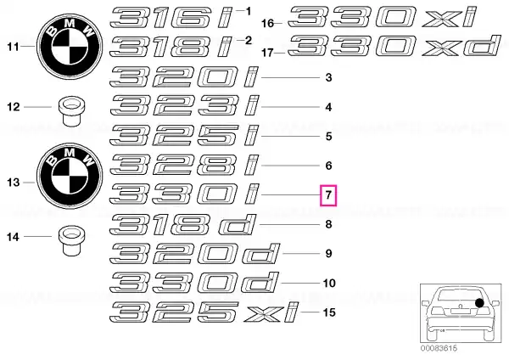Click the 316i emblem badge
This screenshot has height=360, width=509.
click(x=172, y=18)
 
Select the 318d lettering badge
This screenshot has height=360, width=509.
click(x=182, y=224)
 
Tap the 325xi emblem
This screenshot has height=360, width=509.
click(x=204, y=312)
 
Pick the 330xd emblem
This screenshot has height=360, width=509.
click(x=394, y=46)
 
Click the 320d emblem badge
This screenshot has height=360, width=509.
click(x=194, y=254)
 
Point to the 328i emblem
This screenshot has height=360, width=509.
click(x=184, y=166)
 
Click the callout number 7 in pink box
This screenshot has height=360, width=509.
click(x=328, y=195)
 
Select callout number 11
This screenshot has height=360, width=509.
click(x=13, y=47)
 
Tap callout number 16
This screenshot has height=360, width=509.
click(x=268, y=24)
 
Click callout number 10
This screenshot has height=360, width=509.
click(x=329, y=283)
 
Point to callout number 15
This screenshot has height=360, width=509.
click(x=329, y=312)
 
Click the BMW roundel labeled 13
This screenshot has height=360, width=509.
click(x=70, y=176)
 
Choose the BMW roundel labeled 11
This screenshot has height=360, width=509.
click(x=70, y=47)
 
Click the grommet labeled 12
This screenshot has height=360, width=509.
click(x=70, y=111)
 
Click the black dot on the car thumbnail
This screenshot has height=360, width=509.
click(x=479, y=303)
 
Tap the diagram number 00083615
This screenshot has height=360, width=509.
click(x=439, y=348)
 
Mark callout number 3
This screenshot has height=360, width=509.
click(x=328, y=77)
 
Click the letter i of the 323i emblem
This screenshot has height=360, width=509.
click(x=253, y=106)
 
